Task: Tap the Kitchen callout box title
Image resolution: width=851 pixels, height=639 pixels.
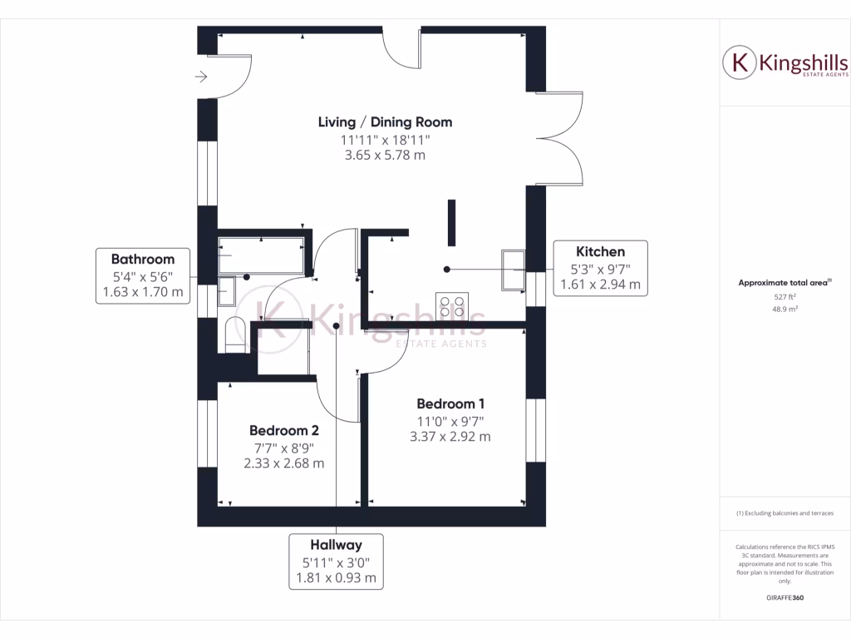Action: point(600,251)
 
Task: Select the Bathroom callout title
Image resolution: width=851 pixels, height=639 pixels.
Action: point(143,259)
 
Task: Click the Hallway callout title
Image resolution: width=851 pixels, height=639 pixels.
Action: point(336,545)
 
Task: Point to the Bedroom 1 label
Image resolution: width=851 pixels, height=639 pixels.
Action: point(450,404)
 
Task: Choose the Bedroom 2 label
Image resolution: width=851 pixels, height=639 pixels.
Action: point(284,431)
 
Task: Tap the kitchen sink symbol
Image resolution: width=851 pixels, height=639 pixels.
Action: point(513,269)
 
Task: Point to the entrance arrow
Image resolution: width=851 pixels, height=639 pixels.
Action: point(201,77)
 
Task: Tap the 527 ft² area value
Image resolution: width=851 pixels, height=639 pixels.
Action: point(785,296)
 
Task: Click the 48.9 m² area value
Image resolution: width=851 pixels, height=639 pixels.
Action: point(785,309)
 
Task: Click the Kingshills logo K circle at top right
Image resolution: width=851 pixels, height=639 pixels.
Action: point(739,63)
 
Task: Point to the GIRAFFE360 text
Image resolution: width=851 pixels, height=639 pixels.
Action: point(785,597)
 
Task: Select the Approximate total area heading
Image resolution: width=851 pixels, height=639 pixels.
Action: point(784,283)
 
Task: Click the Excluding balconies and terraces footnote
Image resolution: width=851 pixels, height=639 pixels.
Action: point(785,513)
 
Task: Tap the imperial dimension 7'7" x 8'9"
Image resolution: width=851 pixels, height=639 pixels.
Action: point(284,448)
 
